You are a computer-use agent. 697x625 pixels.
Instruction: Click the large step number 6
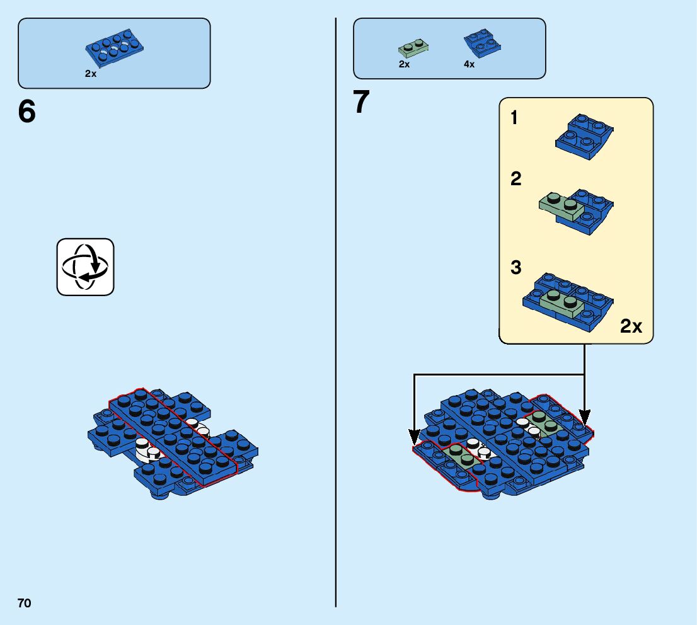tap(27, 112)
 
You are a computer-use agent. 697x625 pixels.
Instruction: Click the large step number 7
tap(361, 102)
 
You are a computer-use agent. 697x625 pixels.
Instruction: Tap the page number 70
tap(24, 603)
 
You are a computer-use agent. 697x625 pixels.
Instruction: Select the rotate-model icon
tap(85, 267)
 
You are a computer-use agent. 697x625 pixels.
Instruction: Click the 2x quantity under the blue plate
tap(91, 74)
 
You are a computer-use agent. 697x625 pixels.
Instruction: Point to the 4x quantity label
tap(469, 64)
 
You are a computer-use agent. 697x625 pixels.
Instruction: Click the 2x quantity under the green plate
tap(404, 64)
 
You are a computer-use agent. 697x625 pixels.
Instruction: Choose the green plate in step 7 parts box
tap(413, 47)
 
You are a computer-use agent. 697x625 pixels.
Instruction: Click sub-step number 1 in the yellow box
tap(514, 118)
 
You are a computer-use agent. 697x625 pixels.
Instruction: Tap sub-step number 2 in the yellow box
tap(516, 180)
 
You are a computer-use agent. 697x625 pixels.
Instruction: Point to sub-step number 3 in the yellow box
tap(516, 268)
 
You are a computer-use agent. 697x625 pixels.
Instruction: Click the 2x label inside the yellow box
tap(631, 326)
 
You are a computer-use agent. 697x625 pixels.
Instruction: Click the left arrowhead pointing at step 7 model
tap(414, 435)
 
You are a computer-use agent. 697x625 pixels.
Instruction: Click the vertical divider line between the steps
tap(336, 315)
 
